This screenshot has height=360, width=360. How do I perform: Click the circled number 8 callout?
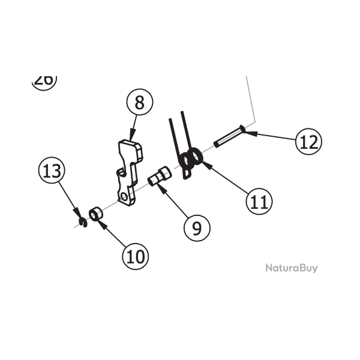click(140, 103)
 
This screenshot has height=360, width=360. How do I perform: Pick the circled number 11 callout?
click(259, 202)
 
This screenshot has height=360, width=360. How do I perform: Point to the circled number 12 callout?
click(308, 142)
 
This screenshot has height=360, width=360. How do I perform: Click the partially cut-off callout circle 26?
click(44, 80)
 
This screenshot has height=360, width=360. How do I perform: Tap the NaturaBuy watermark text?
click(292, 268)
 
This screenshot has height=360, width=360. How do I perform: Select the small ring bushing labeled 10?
click(95, 214)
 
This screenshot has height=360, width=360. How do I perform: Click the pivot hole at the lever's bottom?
click(124, 196)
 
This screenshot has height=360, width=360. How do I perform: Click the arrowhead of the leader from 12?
click(248, 133)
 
